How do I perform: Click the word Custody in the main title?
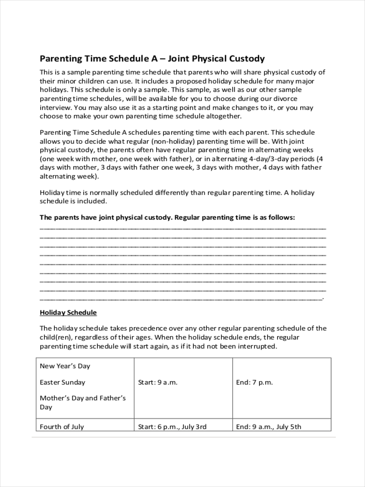tap(248, 59)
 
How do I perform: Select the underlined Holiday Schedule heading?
tap(68, 312)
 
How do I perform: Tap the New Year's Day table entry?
tap(65, 366)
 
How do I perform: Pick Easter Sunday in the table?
tap(62, 382)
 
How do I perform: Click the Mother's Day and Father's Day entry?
tap(83, 402)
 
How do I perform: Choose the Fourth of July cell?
tap(62, 427)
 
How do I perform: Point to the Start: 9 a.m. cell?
tap(158, 382)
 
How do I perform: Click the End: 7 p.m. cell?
tap(254, 382)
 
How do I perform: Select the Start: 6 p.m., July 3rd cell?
tap(172, 427)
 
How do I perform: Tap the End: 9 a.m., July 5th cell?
tap(268, 427)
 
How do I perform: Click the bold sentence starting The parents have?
tap(167, 218)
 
